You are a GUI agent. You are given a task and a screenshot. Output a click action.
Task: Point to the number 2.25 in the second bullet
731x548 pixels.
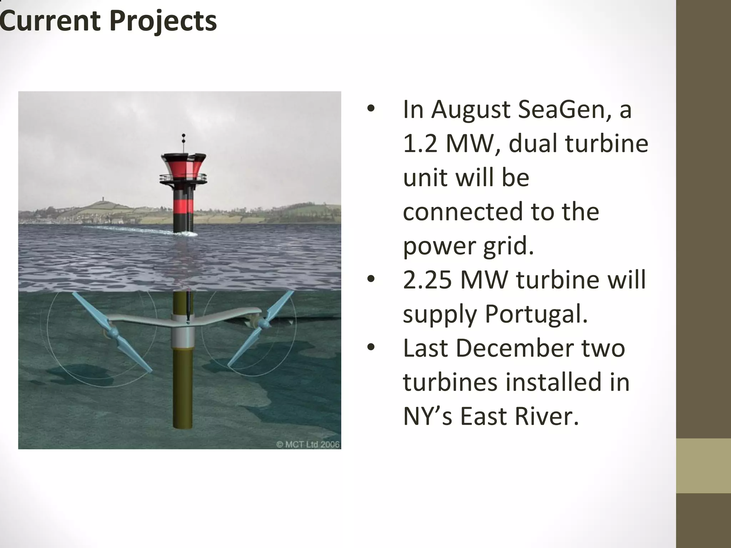click(427, 280)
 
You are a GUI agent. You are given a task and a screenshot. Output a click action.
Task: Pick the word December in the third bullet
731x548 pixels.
click(514, 348)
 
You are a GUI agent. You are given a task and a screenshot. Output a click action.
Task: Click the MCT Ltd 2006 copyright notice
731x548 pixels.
click(308, 445)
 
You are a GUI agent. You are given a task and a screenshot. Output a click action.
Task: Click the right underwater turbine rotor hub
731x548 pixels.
click(264, 323)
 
